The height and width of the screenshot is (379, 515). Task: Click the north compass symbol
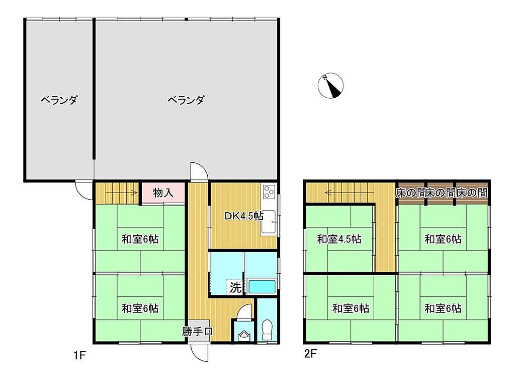click(x=330, y=86)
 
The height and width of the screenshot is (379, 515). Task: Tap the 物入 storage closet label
click(x=163, y=193)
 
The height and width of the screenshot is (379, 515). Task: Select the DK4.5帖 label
click(x=244, y=216)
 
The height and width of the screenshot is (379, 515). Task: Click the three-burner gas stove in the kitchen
click(x=269, y=192)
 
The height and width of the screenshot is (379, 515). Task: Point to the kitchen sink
click(x=270, y=222)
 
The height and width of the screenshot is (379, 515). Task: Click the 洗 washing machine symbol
click(x=235, y=288)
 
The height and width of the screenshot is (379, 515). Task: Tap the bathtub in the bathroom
click(x=262, y=286)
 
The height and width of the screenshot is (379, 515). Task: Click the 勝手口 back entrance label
click(x=197, y=331)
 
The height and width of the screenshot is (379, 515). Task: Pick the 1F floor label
click(x=79, y=355)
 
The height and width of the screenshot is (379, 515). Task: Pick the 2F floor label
click(x=310, y=354)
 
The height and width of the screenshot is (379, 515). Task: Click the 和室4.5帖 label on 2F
click(x=339, y=239)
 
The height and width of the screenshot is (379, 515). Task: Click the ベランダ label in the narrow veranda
click(x=59, y=100)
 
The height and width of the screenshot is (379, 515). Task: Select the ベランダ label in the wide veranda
click(x=186, y=100)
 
